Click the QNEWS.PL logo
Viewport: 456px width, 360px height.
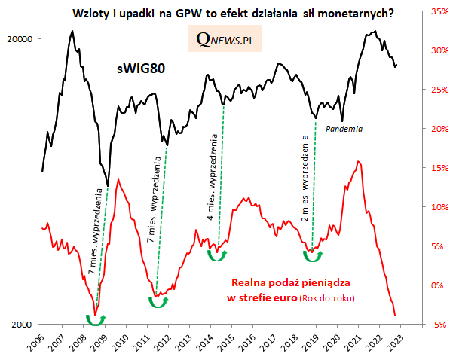[225, 40]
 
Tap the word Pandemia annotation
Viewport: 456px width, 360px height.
[344, 129]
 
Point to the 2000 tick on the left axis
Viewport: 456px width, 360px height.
[28, 325]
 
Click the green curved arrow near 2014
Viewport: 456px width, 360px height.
[217, 256]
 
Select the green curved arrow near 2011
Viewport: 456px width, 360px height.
[158, 302]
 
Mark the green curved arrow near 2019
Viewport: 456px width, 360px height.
[312, 257]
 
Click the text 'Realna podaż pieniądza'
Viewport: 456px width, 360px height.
[289, 284]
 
